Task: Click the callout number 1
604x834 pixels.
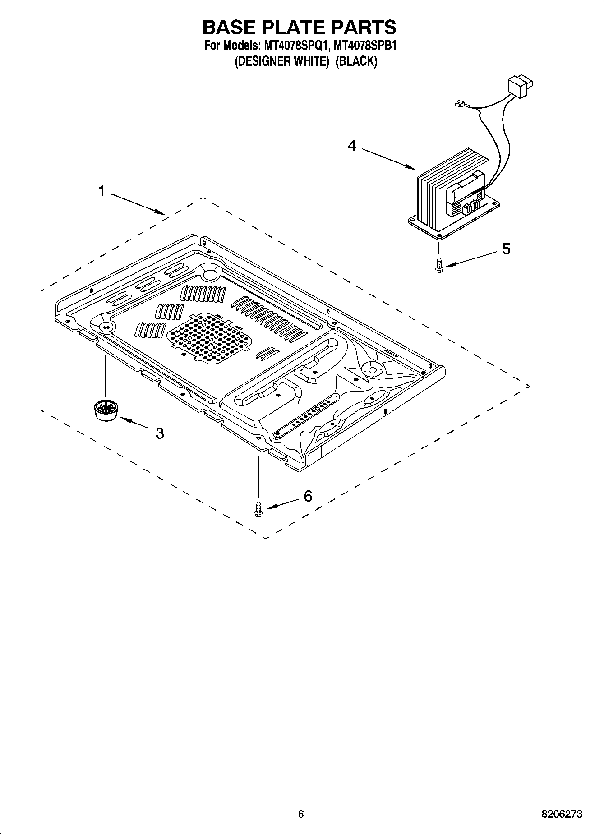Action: coord(102,191)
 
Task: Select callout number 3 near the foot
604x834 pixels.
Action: coord(159,433)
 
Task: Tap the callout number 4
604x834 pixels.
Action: coord(352,146)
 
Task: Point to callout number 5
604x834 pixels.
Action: coord(506,249)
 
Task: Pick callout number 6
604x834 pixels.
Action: coord(308,496)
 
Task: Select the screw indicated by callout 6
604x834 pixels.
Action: coord(258,509)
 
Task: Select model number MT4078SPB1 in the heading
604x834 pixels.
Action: coord(365,46)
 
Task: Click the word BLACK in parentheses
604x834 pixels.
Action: coord(356,61)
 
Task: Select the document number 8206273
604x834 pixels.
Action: coord(562,814)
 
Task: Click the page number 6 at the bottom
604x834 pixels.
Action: coord(301,814)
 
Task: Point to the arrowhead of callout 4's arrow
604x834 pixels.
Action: coord(414,169)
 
